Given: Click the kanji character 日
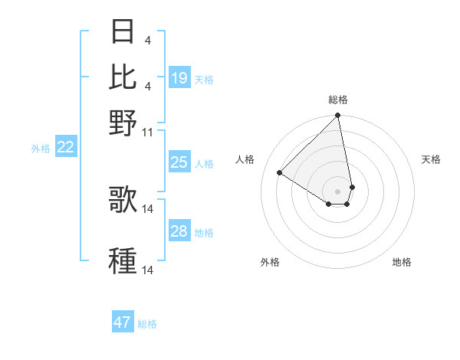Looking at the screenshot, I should point(123,32).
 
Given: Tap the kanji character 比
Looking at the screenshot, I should point(123,77).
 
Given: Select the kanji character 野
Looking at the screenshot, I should point(123,123).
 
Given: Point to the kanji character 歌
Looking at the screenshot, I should point(123,200).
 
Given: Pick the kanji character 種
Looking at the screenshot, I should point(123,261).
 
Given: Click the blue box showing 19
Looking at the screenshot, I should point(179,78).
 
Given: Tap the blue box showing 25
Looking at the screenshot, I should point(179,162).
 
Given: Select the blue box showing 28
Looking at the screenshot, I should point(179,231).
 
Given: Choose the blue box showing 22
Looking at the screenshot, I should point(65,147).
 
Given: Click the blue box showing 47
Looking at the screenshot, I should point(123,322).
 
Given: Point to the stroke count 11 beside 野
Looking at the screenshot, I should point(148,133).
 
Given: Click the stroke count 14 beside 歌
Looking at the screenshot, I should point(149,208).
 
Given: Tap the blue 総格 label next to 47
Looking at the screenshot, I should point(147,324).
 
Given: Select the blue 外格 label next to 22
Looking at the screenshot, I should point(41,149).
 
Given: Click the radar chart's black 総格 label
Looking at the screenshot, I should point(338,100).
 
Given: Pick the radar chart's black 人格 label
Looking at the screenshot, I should point(245,159).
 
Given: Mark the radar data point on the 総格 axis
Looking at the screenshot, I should point(337,116).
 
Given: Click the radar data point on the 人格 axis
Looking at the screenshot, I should point(280,173).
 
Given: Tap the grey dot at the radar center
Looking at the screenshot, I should point(337,191).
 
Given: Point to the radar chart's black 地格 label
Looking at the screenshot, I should point(402,262).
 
